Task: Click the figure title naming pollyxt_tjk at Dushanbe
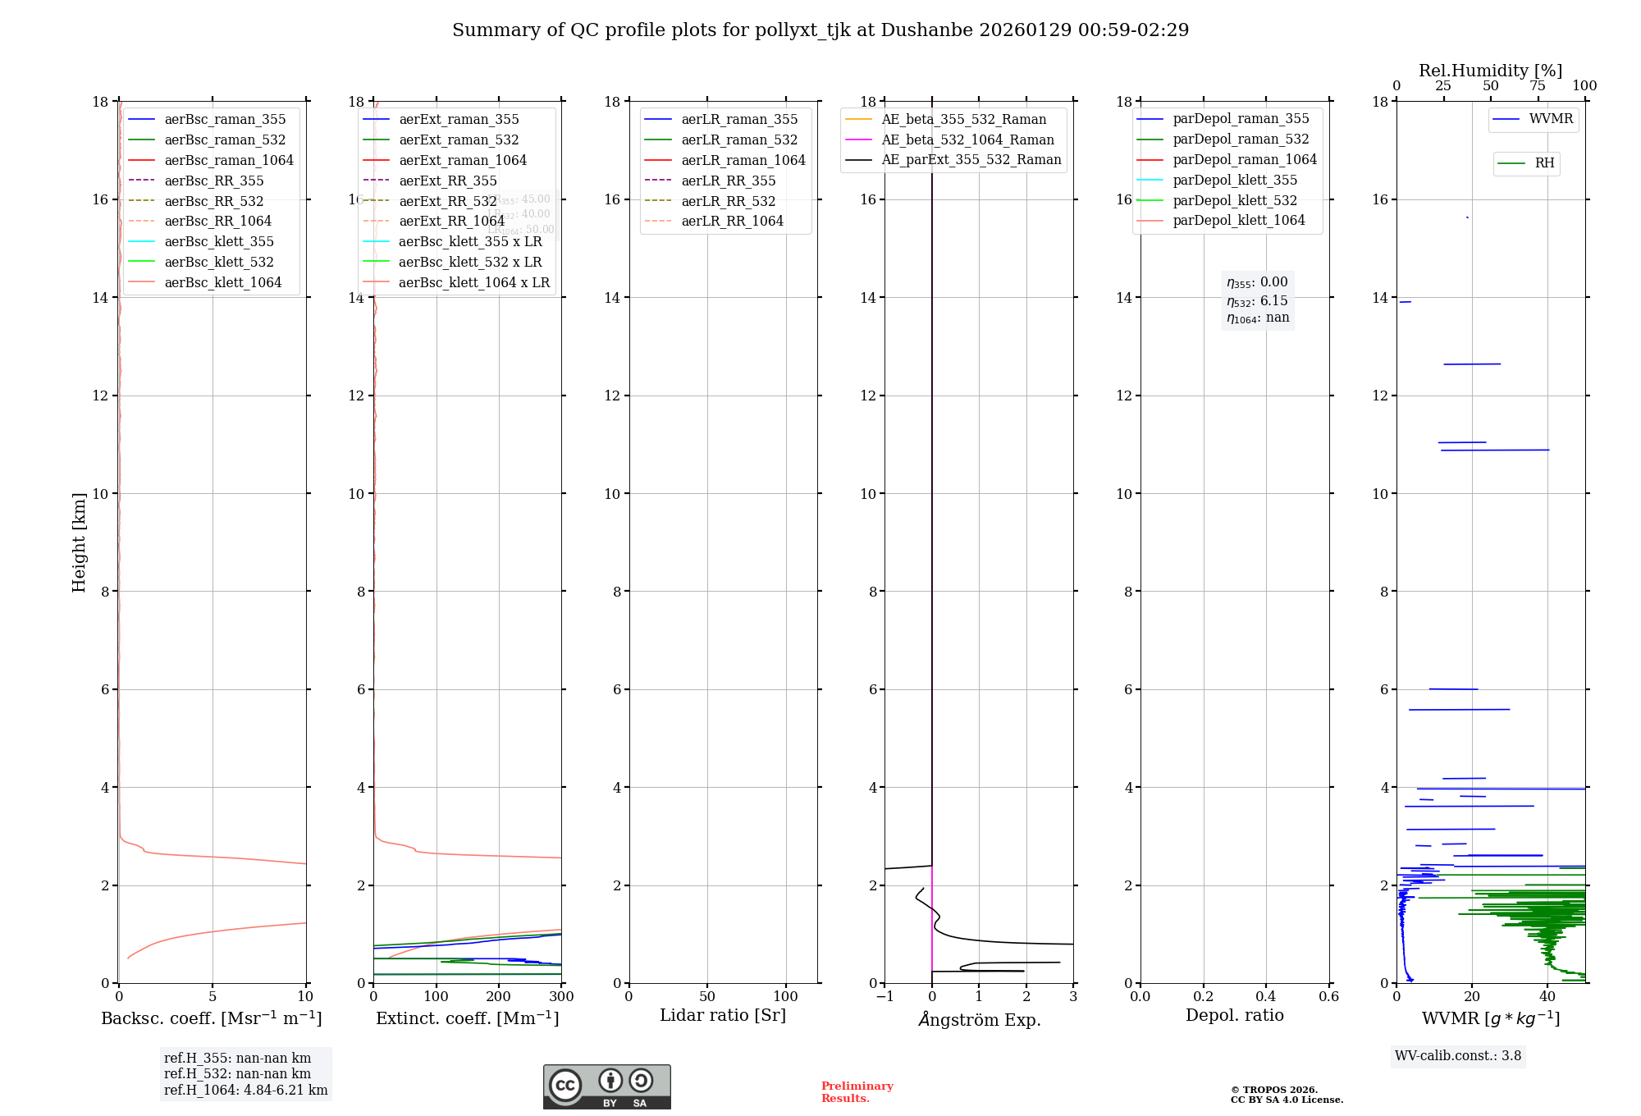820,30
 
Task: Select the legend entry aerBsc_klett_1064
222,282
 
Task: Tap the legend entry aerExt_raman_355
459,120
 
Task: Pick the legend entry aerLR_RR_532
728,201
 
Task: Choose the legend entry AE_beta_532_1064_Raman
967,139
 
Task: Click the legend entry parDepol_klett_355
1235,180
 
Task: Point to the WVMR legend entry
1551,119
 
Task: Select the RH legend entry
1544,163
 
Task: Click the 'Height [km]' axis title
79,542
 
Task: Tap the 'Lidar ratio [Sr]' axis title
723,1015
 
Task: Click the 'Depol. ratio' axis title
1234,1015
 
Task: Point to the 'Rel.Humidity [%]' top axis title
1490,71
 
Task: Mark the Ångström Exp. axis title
979,1019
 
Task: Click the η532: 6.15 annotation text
1257,301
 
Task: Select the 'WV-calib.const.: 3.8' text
1458,1055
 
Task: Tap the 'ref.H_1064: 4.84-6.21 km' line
245,1090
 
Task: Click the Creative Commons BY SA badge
606,1086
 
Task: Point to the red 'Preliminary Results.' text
857,1092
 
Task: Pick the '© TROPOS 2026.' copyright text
1273,1090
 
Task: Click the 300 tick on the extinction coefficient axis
561,996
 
